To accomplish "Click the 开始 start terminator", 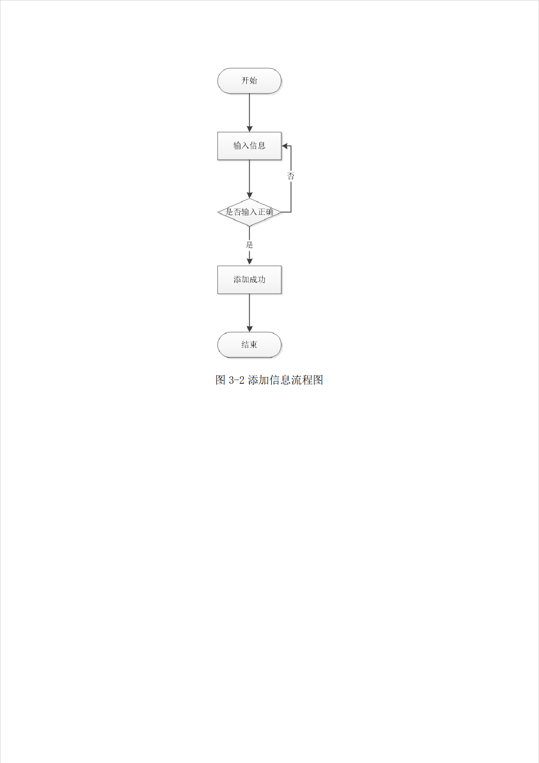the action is pos(249,80).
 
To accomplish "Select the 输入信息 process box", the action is pos(249,146).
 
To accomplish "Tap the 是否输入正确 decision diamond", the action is pos(249,212).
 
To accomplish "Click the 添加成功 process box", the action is pos(249,279).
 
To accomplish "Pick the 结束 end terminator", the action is pos(249,345).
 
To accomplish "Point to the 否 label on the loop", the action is pos(291,176).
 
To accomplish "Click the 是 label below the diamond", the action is pos(249,245).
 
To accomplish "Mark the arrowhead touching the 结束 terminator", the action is pos(249,329).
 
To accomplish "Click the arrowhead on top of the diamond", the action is pos(249,195).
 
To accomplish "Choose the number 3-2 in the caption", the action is pos(236,380).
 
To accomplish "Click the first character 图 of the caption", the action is pos(221,380).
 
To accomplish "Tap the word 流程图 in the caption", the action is pos(307,380).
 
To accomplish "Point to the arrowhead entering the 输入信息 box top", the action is pos(249,129).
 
